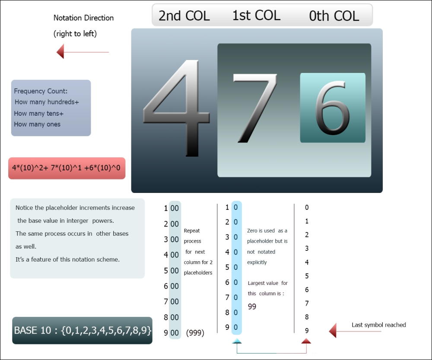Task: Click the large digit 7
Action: point(254,108)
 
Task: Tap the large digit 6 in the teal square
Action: point(332,108)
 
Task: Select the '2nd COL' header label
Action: point(184,16)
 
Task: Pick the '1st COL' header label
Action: point(256,16)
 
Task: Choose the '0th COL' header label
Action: point(334,16)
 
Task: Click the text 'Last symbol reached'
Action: point(378,325)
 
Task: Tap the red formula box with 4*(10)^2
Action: point(67,168)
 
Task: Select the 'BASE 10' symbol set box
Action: point(82,331)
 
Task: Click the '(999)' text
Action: point(195,333)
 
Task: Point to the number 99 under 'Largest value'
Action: point(252,306)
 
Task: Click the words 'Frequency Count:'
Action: point(41,91)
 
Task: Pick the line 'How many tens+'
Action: point(38,113)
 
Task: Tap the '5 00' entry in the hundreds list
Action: point(172,271)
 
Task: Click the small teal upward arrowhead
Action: point(237,341)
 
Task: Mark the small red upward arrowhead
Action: point(306,341)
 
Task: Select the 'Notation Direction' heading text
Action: point(83,18)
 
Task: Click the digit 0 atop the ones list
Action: point(307,208)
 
